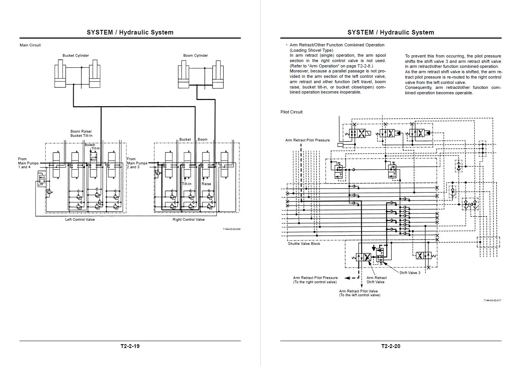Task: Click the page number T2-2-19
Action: pyautogui.click(x=130, y=346)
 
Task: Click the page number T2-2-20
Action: pyautogui.click(x=391, y=346)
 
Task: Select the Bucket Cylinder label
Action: pyautogui.click(x=76, y=56)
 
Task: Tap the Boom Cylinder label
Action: pyautogui.click(x=196, y=56)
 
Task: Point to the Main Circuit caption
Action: pyautogui.click(x=30, y=45)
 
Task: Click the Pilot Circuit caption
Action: pyautogui.click(x=291, y=112)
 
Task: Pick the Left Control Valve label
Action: pyautogui.click(x=80, y=220)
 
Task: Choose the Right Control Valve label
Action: pyautogui.click(x=189, y=220)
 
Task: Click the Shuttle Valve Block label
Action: pyautogui.click(x=304, y=244)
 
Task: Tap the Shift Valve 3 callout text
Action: pyautogui.click(x=410, y=273)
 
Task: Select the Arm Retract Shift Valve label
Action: pyautogui.click(x=377, y=280)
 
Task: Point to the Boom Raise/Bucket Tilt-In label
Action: pyautogui.click(x=81, y=133)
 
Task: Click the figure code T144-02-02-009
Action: pyautogui.click(x=231, y=229)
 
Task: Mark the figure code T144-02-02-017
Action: pyautogui.click(x=492, y=300)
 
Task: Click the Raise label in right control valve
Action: pyautogui.click(x=206, y=184)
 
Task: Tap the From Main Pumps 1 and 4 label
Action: pyautogui.click(x=28, y=163)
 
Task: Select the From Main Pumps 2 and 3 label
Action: pyautogui.click(x=137, y=163)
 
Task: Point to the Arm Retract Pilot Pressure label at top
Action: pyautogui.click(x=307, y=140)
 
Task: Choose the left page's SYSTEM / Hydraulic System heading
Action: pyautogui.click(x=130, y=33)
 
